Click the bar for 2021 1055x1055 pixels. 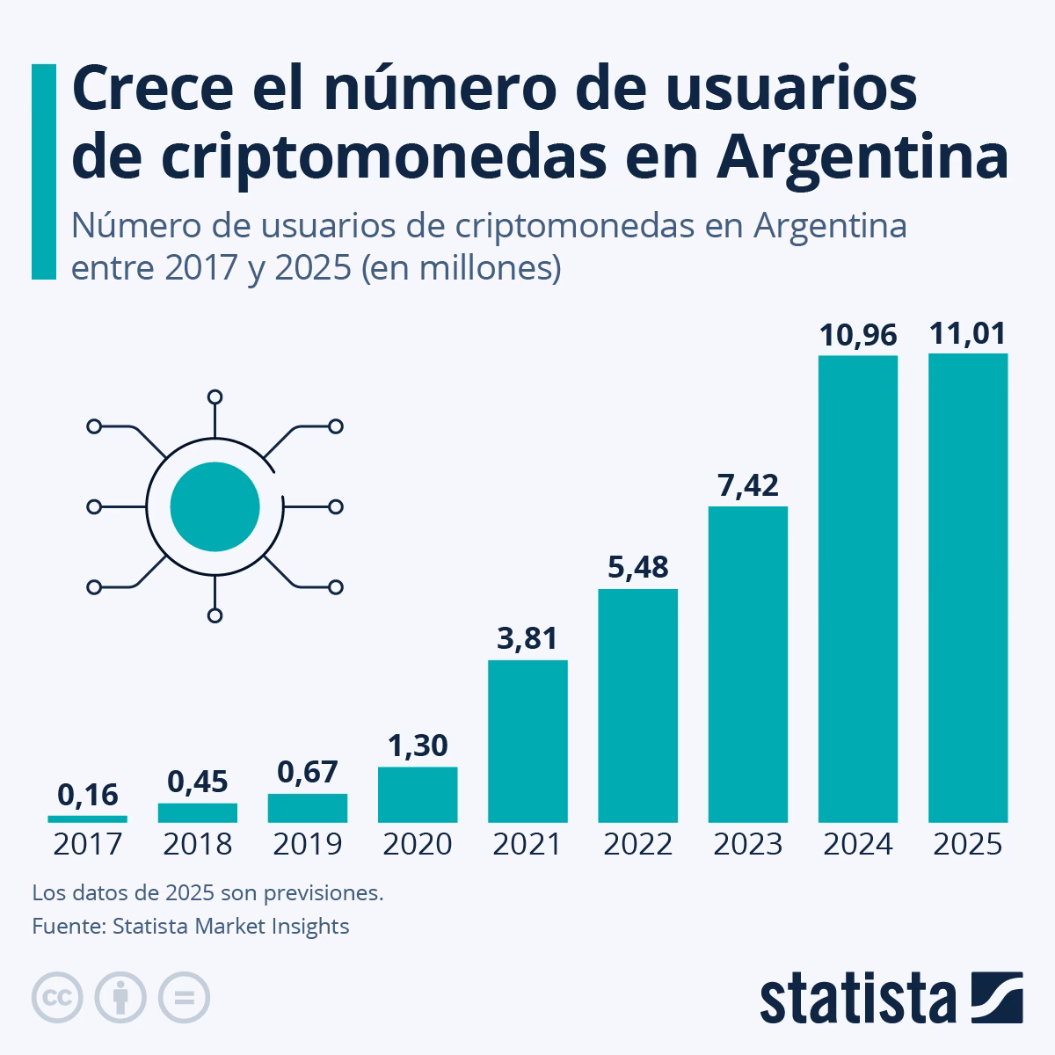tap(527, 741)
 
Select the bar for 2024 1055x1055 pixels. tap(857, 589)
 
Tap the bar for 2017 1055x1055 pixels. tap(88, 819)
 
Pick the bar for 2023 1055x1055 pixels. tap(747, 665)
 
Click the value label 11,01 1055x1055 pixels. tap(968, 334)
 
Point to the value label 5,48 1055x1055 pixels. tap(637, 567)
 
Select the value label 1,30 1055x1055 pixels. tap(418, 746)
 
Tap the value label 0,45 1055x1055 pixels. tap(198, 781)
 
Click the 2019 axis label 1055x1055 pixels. tap(308, 845)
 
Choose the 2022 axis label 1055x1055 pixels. tap(637, 845)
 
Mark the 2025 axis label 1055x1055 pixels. tap(967, 845)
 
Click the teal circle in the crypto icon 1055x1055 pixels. tap(215, 506)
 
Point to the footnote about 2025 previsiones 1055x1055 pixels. tap(207, 893)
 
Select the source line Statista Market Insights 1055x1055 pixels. tap(191, 926)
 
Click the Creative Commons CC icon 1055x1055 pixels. tap(58, 998)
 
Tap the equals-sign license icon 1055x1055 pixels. tap(184, 998)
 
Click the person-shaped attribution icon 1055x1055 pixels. tap(120, 998)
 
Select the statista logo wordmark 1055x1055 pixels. tap(857, 998)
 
